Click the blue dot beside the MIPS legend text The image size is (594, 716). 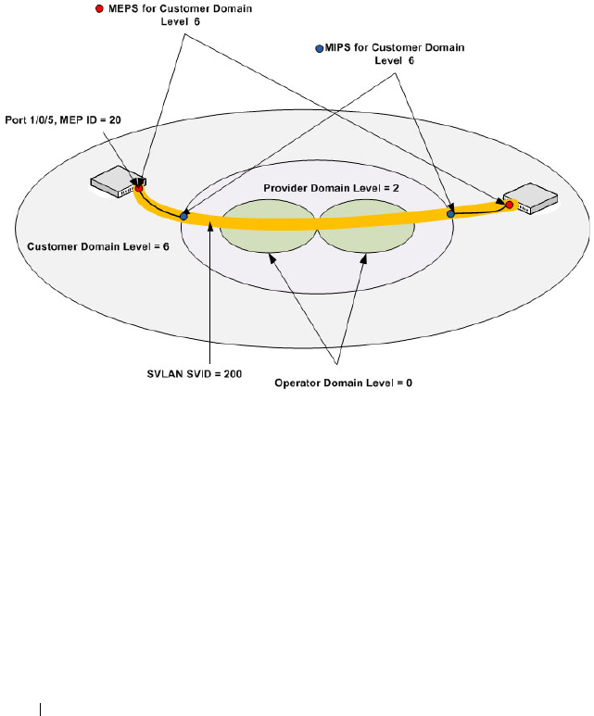tap(320, 47)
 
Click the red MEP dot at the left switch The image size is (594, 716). tap(138, 189)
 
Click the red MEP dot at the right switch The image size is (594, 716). tap(509, 204)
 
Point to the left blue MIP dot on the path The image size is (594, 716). tap(183, 216)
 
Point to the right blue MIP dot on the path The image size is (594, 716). tap(451, 214)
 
